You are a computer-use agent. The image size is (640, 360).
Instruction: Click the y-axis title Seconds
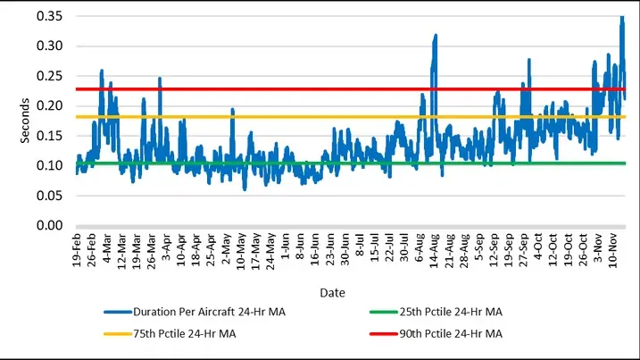click(x=26, y=121)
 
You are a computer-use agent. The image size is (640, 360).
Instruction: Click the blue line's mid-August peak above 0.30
click(x=436, y=36)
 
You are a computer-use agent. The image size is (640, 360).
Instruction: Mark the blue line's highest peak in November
click(x=622, y=17)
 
